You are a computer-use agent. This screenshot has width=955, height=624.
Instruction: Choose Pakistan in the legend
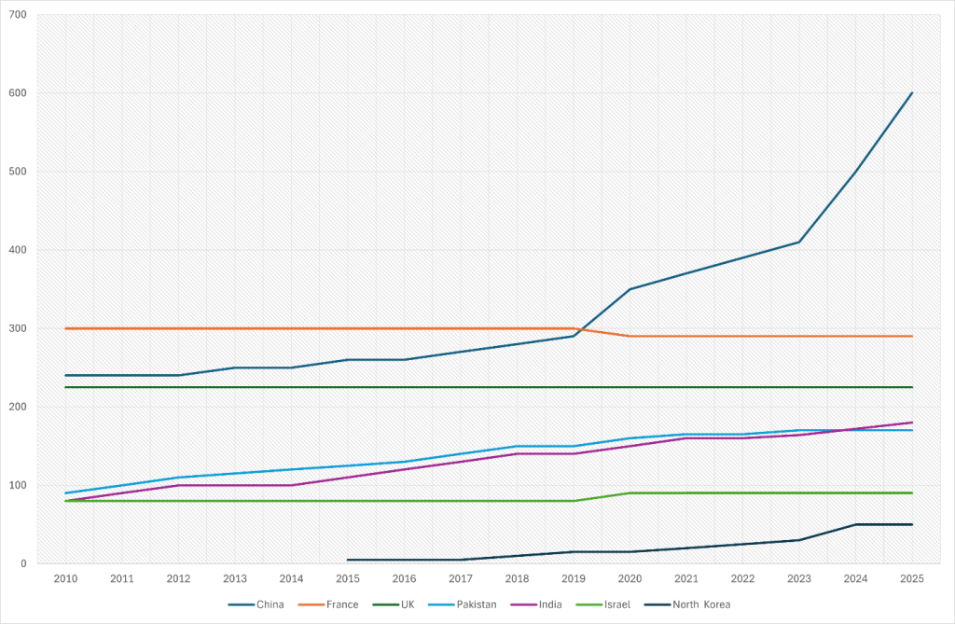[474, 604]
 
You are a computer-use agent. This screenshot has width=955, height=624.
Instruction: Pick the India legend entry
[545, 604]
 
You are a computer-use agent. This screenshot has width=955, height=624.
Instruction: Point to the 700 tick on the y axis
[17, 15]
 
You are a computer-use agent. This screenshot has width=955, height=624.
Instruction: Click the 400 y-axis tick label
[17, 250]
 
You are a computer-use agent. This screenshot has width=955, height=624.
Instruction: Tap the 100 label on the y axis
[17, 485]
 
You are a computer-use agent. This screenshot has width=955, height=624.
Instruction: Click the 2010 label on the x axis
[65, 578]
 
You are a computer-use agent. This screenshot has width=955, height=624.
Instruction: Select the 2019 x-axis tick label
[574, 578]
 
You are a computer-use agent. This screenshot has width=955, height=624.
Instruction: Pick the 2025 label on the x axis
[912, 578]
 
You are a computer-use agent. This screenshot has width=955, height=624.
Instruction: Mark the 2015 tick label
[347, 578]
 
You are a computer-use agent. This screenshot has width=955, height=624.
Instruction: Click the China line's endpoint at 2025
[912, 93]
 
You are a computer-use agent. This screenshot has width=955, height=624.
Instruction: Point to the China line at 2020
[630, 289]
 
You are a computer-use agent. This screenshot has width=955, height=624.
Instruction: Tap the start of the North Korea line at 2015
[348, 560]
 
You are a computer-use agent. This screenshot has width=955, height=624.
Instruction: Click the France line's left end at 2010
[65, 328]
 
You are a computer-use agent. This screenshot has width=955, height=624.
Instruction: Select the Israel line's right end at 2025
[912, 492]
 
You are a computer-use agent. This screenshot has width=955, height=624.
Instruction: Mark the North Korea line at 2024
[856, 524]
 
